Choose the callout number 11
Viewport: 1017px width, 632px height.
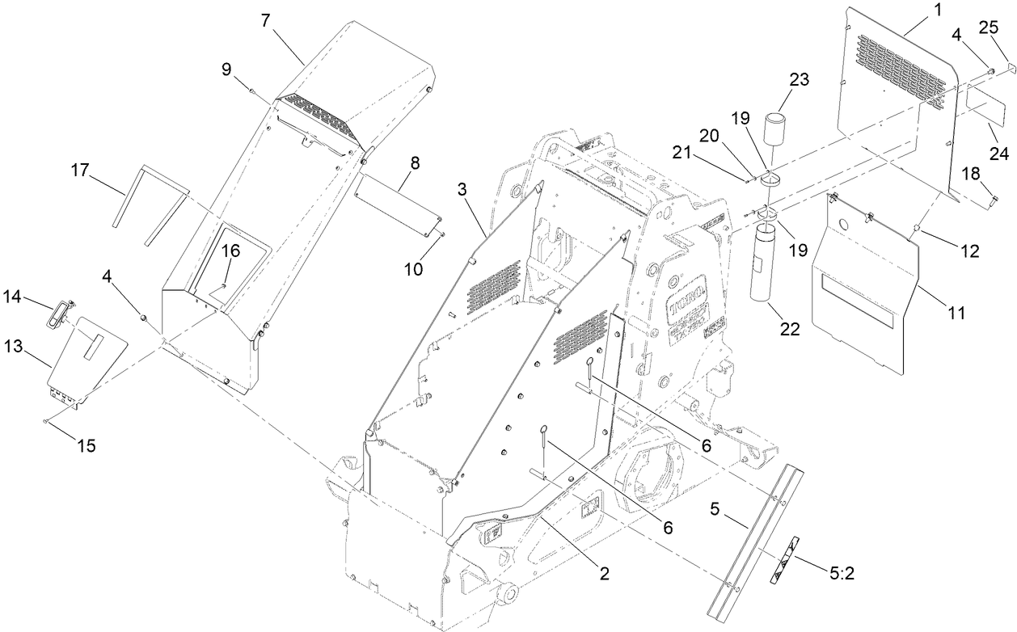(957, 312)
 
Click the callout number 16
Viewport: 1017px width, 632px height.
(231, 251)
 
